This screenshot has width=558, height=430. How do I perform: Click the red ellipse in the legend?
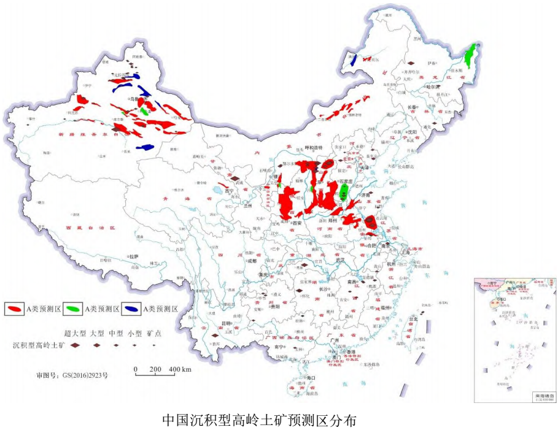(x=14, y=309)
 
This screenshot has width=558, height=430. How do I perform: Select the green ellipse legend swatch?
(x=72, y=309)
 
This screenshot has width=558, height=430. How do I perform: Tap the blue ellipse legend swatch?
(x=131, y=309)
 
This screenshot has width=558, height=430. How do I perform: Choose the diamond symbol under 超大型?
(x=74, y=345)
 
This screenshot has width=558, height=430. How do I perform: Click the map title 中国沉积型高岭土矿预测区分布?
(x=258, y=420)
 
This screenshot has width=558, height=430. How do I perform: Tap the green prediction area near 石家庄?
(x=344, y=191)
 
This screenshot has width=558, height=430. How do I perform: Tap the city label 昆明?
(x=227, y=323)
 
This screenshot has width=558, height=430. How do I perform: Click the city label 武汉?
(x=335, y=261)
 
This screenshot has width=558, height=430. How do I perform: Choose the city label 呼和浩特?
(x=311, y=148)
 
